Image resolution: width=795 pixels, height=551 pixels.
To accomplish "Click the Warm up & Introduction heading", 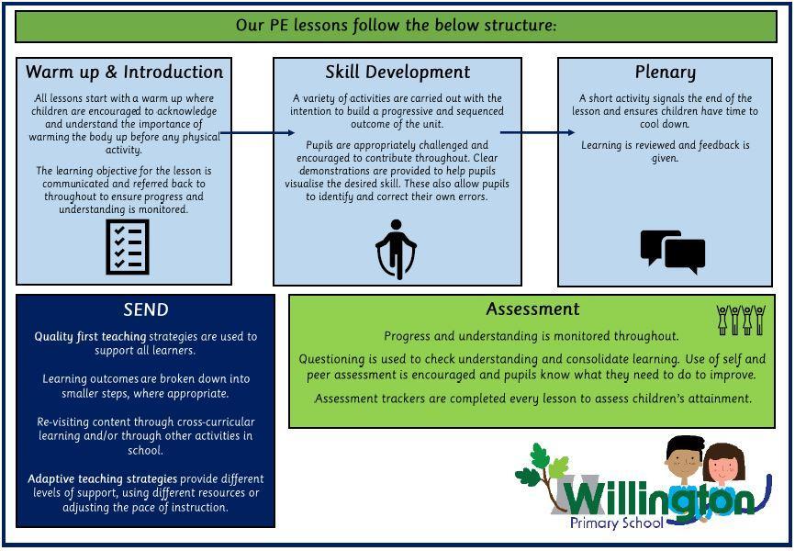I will (124, 72).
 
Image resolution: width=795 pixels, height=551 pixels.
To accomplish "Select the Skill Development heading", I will (397, 72).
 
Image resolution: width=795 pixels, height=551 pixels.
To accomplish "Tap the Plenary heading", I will (666, 72).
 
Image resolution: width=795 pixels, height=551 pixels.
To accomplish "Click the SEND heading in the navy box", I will (145, 309).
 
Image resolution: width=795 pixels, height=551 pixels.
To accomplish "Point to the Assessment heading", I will (532, 309).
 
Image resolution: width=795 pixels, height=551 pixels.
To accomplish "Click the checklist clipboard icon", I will (128, 246).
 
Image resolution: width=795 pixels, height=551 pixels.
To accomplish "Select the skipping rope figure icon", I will (397, 249).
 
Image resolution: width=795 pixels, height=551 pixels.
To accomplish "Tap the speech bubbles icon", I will (672, 251).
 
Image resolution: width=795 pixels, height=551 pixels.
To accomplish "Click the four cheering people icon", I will (741, 320).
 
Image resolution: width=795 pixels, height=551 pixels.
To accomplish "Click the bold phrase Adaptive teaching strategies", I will (102, 479).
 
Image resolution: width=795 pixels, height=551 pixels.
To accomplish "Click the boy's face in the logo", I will (682, 460).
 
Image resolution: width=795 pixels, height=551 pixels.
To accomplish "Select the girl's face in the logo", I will (723, 467).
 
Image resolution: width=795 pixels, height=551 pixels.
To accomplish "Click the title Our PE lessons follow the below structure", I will (397, 25).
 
